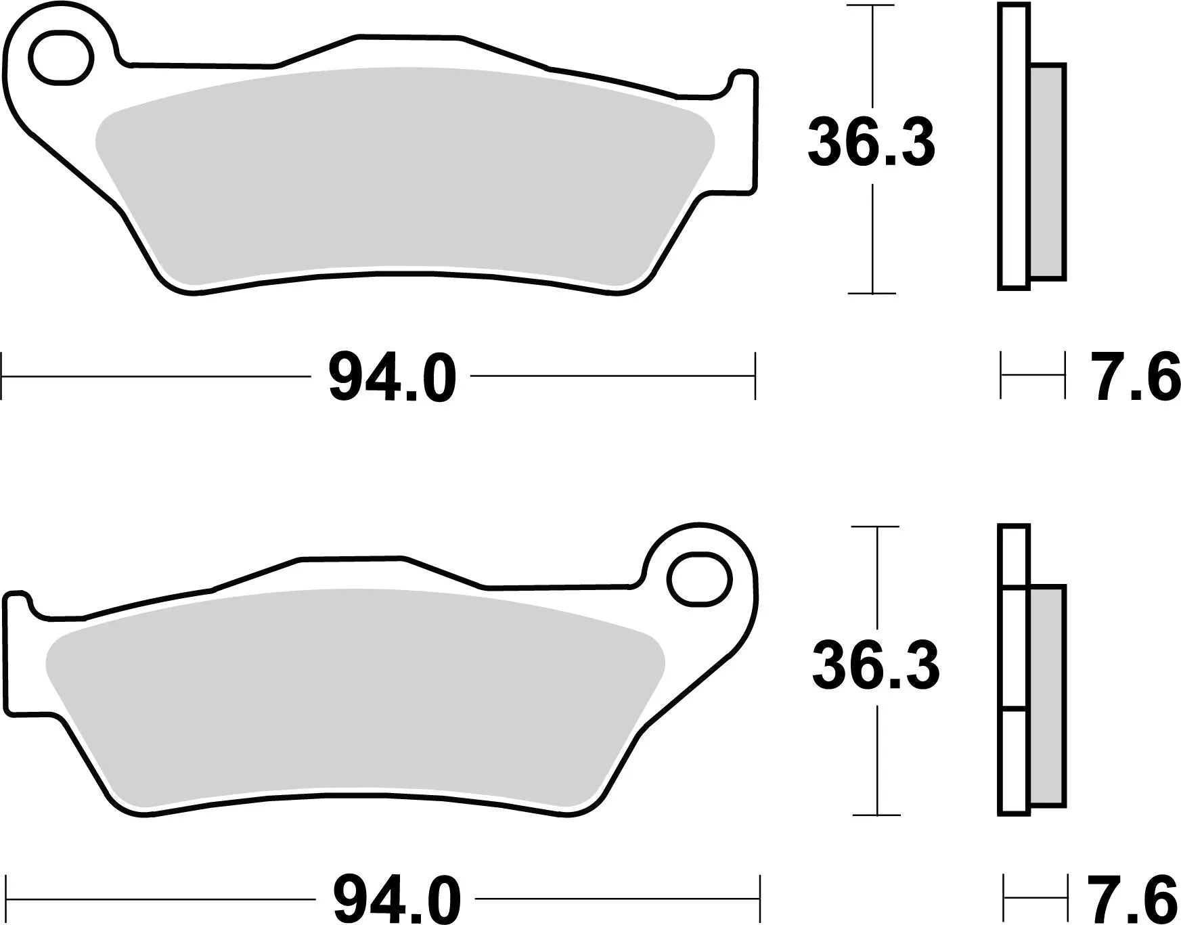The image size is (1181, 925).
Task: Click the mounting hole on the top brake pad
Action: coord(60,58)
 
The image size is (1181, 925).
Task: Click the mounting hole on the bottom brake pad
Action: coord(700,579)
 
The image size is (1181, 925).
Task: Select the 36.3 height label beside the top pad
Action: coord(871,143)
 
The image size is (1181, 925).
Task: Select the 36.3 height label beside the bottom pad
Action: coord(876,667)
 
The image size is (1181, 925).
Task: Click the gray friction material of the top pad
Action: coord(406,176)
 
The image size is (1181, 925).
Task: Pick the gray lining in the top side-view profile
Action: coord(1047,172)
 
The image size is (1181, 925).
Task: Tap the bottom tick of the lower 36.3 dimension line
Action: coord(876,815)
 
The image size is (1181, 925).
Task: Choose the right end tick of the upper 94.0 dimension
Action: coord(755,376)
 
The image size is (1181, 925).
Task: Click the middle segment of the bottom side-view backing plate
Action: coord(1013,650)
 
